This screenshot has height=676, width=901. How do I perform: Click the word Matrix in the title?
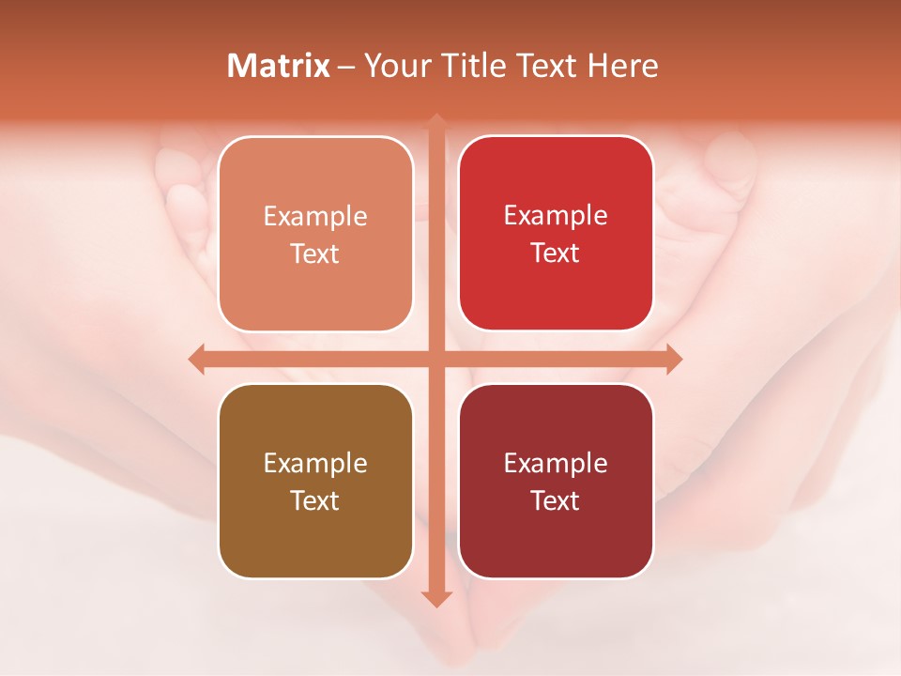279,66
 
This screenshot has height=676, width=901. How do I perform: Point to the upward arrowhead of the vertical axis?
436,122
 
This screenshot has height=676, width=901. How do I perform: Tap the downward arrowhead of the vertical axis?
436,598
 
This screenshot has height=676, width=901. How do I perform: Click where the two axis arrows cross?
436,360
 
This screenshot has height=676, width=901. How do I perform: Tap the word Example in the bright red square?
556,215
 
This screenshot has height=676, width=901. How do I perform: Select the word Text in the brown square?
315,500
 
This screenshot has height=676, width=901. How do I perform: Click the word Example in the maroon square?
556,463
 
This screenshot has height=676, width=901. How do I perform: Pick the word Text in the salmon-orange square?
315,253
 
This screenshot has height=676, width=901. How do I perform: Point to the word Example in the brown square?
315,463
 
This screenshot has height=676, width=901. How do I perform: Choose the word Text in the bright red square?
556,253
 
